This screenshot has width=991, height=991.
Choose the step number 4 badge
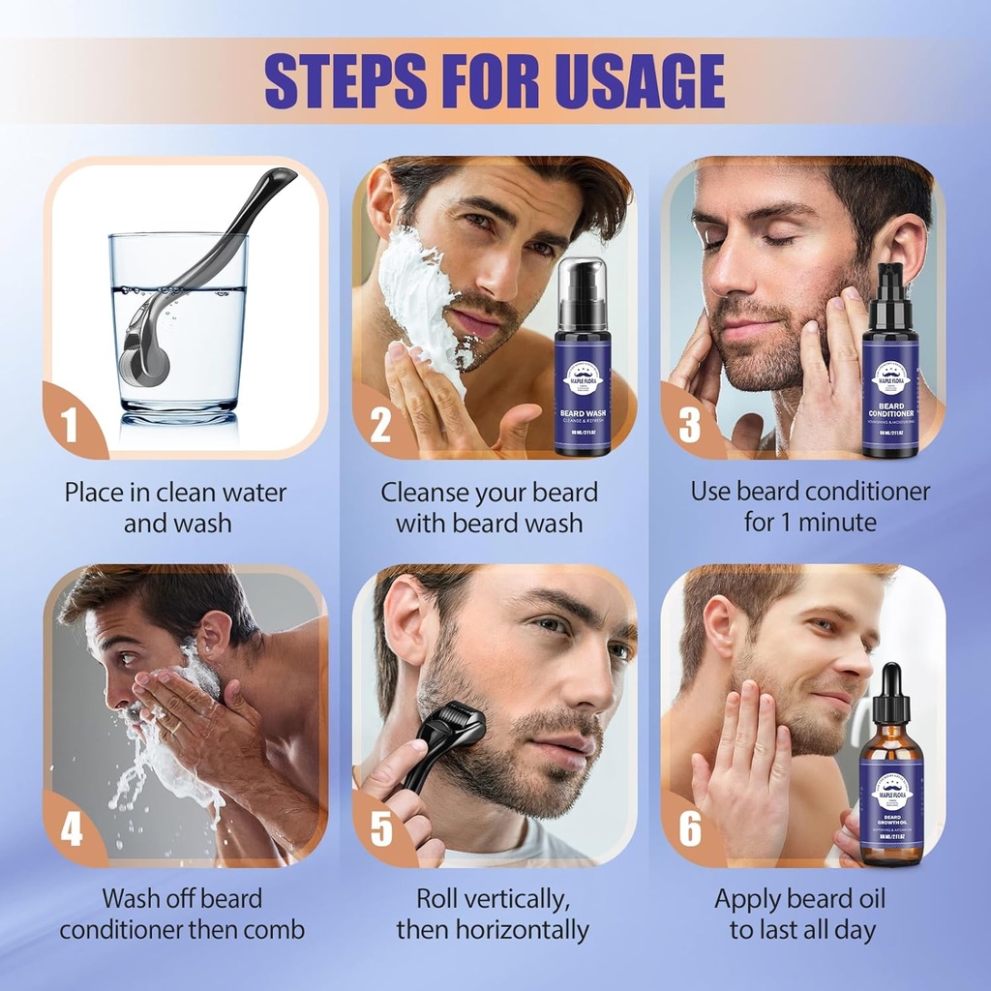pos(71,831)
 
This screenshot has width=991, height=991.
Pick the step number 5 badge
pos(380,831)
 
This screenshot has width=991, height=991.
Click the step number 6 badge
pos(689,831)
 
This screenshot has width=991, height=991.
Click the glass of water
pos(178,324)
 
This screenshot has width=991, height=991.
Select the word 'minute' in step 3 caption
pos(833,523)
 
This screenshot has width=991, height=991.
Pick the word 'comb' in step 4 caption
pos(275,931)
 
